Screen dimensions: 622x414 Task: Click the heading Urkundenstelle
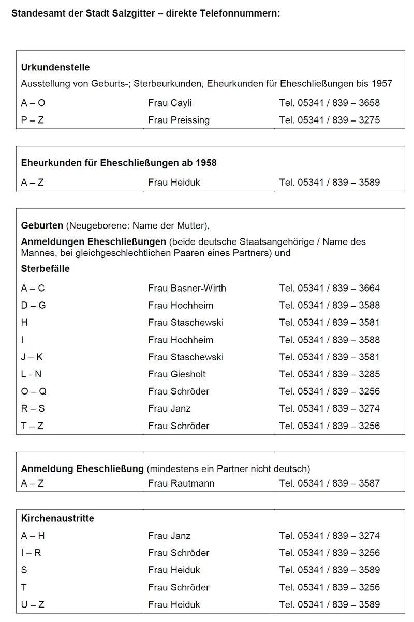[55, 67]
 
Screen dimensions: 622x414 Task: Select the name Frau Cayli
[170, 103]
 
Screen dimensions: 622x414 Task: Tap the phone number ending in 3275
[329, 120]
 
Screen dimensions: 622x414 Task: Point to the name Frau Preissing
[179, 120]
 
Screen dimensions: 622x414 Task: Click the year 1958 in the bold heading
[206, 163]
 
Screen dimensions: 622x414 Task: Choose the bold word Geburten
[42, 225]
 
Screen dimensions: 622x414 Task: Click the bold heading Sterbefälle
[45, 269]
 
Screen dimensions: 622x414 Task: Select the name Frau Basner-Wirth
[187, 288]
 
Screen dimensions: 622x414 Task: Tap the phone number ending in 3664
[329, 288]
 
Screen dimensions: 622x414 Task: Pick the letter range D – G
[33, 305]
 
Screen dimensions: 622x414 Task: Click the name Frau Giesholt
[176, 374]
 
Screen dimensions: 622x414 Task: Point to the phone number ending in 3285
[329, 374]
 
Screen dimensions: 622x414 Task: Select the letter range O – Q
[33, 391]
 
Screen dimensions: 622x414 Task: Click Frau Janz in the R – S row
[169, 408]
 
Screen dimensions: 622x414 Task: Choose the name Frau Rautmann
[181, 483]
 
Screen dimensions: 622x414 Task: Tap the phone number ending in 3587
[329, 483]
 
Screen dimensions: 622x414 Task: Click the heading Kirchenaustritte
[57, 518]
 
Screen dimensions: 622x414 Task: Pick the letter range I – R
[31, 553]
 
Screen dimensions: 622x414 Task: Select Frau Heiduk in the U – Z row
[174, 604]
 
